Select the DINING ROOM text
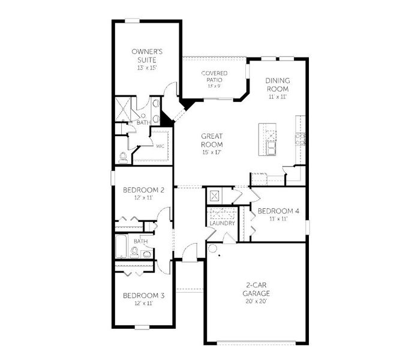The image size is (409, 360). tap(277, 85)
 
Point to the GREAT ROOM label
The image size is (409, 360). tap(212, 140)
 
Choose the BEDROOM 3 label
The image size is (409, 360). tap(139, 295)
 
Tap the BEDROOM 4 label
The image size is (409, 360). tap(273, 211)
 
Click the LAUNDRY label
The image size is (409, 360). tap(221, 224)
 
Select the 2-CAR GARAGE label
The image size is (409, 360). tap(256, 290)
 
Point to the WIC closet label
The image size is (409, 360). tap(160, 145)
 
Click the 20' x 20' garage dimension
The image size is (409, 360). tap(256, 301)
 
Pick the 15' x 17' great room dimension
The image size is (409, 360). tap(212, 152)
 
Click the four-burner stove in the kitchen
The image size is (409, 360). tap(299, 139)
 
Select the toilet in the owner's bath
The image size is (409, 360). tap(123, 157)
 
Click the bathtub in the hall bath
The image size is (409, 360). tap(121, 245)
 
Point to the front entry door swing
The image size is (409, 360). tap(189, 252)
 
